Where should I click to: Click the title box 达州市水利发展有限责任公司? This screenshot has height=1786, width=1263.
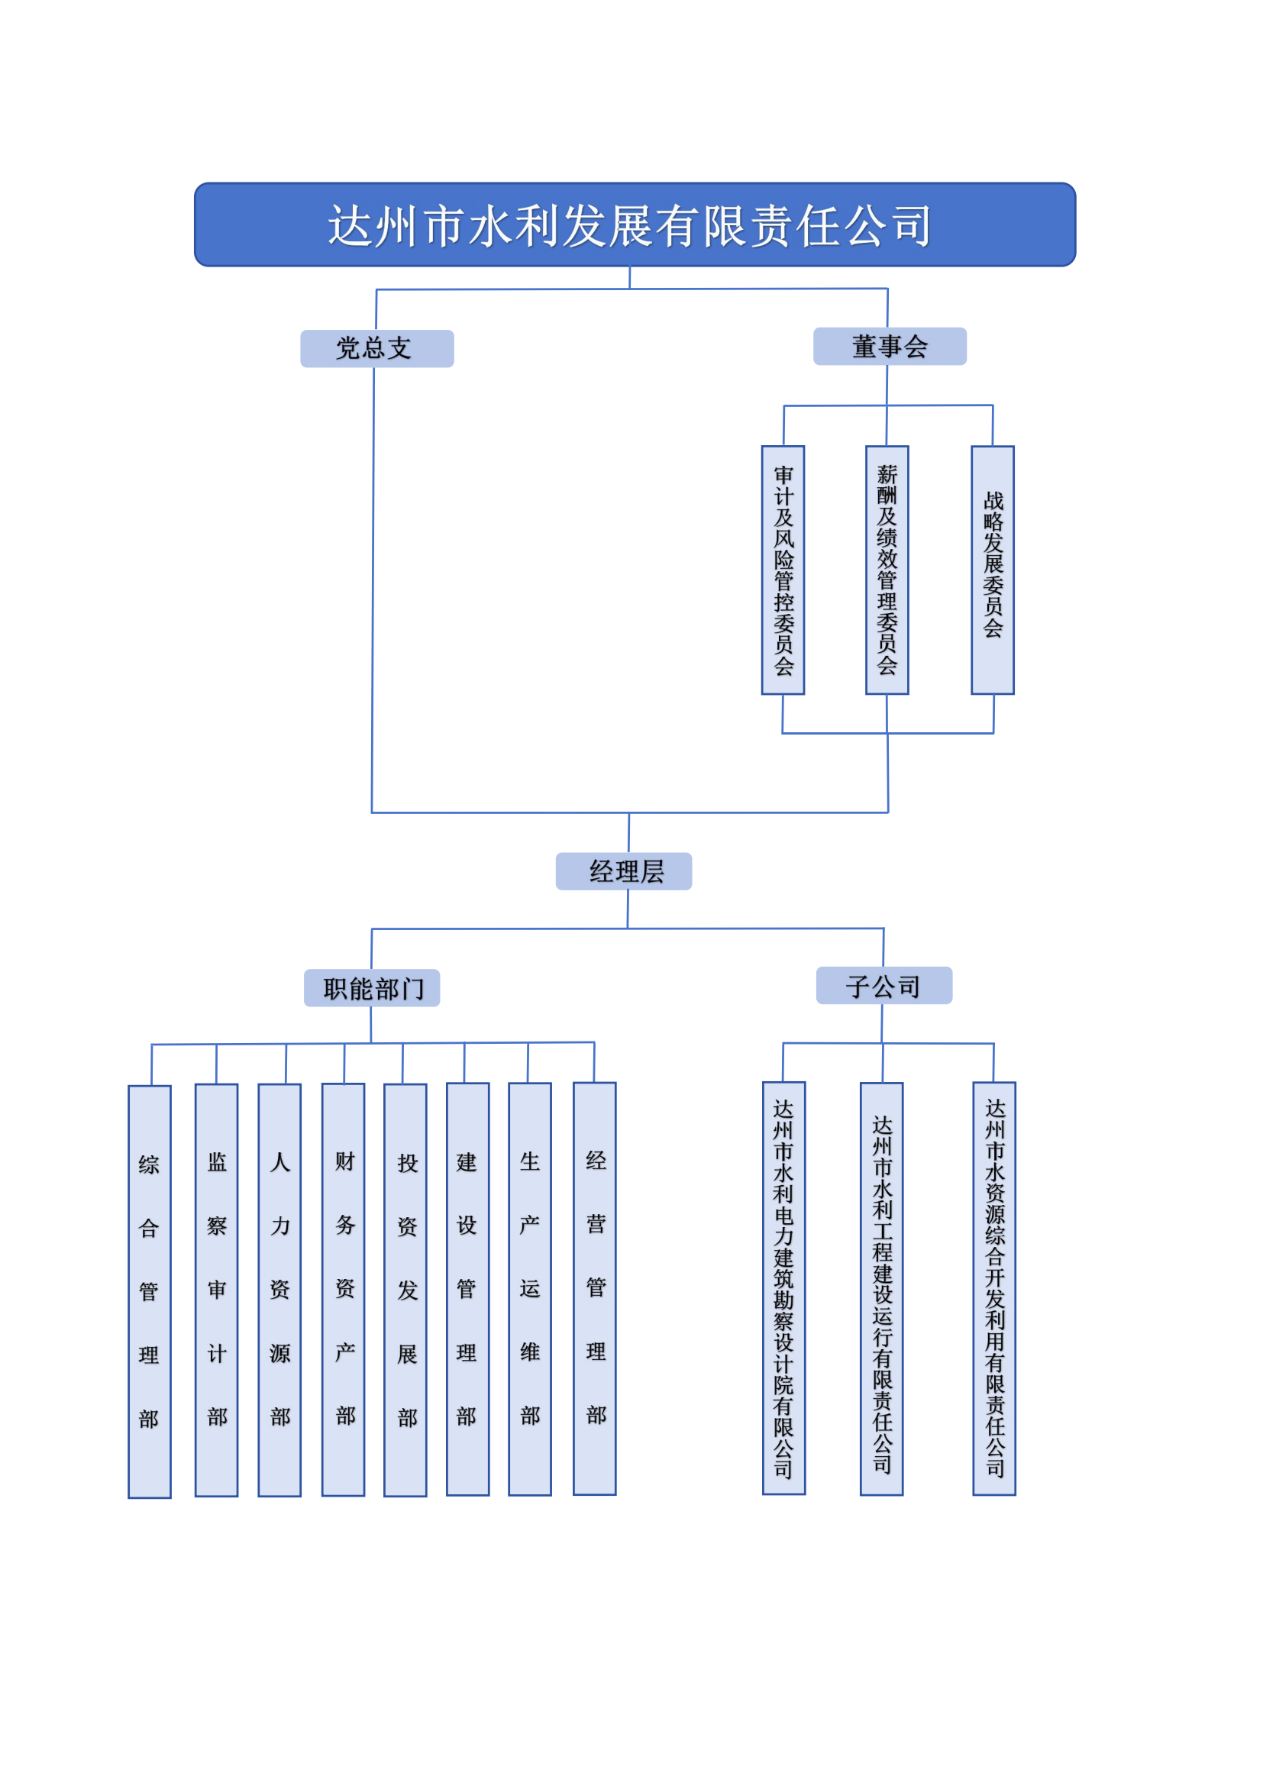click(x=635, y=224)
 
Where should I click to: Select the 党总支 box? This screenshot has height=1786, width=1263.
click(x=376, y=348)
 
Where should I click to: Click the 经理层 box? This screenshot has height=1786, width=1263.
click(x=624, y=871)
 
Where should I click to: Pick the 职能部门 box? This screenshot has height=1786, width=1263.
click(x=372, y=988)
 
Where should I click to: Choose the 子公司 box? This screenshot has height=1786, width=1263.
click(x=884, y=986)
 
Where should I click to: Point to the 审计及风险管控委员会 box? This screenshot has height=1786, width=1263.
click(x=783, y=570)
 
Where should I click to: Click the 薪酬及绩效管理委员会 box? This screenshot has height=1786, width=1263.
click(x=887, y=570)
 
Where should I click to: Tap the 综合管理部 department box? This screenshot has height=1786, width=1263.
click(x=150, y=1292)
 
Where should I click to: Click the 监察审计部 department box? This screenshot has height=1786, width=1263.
click(x=216, y=1290)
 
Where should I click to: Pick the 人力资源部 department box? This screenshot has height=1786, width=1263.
click(x=280, y=1290)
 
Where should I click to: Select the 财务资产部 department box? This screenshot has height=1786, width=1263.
click(x=344, y=1290)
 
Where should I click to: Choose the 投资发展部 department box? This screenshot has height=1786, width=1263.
click(x=405, y=1290)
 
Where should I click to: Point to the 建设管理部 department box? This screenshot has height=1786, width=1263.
click(x=467, y=1290)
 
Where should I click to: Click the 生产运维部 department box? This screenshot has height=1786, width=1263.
click(x=530, y=1290)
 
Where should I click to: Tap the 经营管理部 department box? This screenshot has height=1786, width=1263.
click(x=595, y=1289)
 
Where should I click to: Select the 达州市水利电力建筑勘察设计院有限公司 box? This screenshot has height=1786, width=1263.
click(x=784, y=1288)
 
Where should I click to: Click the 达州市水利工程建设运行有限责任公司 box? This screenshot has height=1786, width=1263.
click(x=882, y=1289)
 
